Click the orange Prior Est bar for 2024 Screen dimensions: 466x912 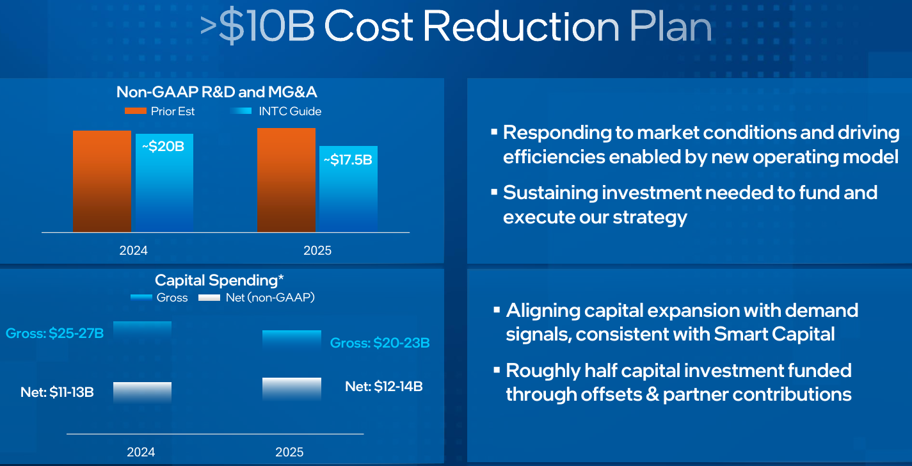coord(102,181)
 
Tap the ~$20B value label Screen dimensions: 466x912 coord(163,147)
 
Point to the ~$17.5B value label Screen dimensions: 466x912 coord(348,159)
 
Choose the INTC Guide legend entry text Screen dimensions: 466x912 coord(290,111)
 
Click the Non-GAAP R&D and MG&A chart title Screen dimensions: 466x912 coord(217,92)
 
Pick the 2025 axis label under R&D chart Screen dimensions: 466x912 coord(317,250)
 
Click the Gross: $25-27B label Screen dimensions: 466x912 coord(55,333)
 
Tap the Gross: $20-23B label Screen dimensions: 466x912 coord(380,343)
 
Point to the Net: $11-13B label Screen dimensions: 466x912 coord(57,392)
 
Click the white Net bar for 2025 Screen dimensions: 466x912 coord(292,389)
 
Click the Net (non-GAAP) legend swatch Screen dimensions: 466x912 coord(209,298)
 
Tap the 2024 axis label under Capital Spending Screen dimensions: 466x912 coord(141,452)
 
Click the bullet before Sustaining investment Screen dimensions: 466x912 coord(494,191)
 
